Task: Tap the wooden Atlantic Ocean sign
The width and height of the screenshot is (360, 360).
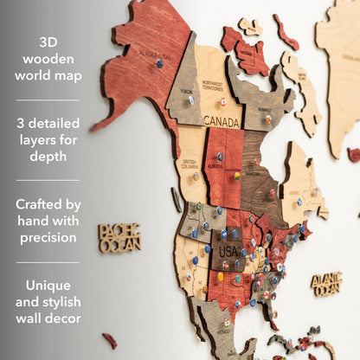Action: [x=325, y=283]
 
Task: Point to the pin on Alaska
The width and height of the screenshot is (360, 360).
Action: [x=159, y=63]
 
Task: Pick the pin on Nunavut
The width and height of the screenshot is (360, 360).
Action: [x=268, y=118]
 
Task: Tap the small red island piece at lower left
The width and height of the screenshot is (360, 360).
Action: [x=109, y=340]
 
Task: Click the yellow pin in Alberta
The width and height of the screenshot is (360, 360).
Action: [x=235, y=175]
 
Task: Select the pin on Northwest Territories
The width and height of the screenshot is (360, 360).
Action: [x=222, y=101]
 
